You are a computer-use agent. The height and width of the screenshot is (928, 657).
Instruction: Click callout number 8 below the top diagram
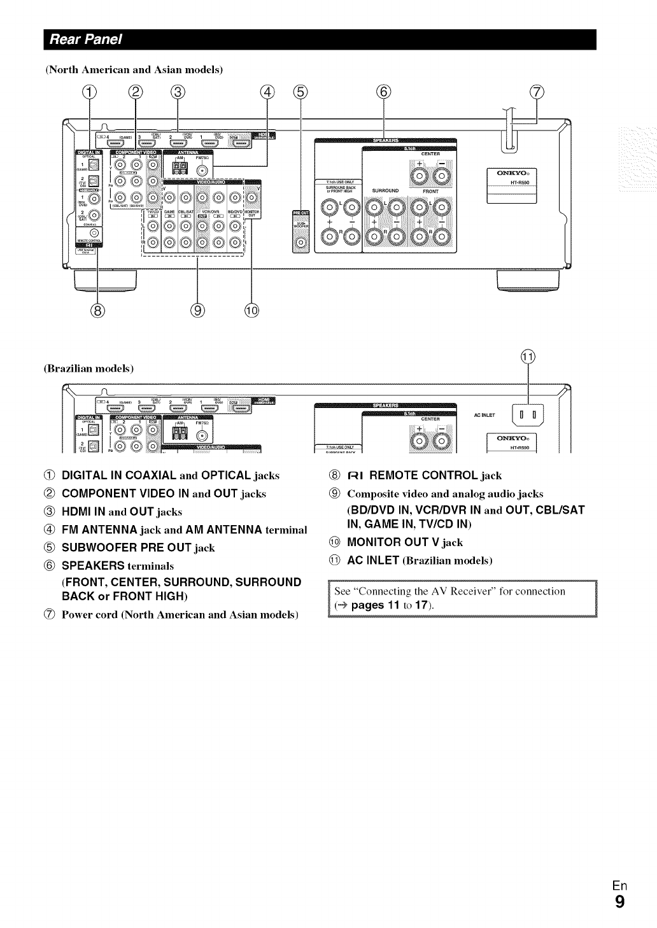[97, 311]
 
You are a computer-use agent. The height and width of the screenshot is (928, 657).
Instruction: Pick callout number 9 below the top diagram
[199, 311]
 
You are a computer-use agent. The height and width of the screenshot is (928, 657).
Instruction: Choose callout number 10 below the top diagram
[252, 311]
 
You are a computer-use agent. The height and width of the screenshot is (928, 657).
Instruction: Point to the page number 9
[619, 902]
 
